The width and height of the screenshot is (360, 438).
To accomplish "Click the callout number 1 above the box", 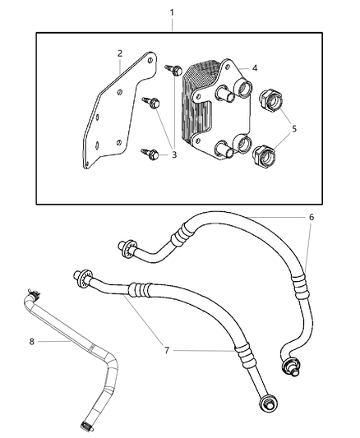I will [172, 13].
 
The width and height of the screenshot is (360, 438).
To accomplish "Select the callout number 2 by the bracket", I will [120, 53].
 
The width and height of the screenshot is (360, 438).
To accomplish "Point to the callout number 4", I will [255, 68].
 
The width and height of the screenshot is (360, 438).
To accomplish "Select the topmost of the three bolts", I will [174, 70].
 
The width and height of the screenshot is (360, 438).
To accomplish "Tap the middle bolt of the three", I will [154, 103].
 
